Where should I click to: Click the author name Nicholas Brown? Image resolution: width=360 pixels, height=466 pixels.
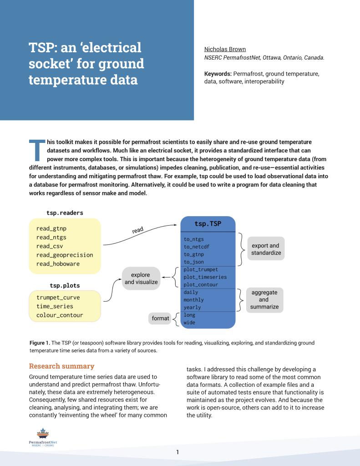point(225,49)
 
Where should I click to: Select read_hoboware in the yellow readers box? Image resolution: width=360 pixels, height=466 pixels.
point(58,264)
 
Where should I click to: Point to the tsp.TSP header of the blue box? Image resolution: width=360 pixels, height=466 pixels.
point(208,224)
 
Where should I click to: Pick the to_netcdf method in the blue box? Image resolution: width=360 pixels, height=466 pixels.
point(197,247)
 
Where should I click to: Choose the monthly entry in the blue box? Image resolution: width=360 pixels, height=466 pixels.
point(193,300)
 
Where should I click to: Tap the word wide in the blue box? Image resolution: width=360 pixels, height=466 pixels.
point(190,323)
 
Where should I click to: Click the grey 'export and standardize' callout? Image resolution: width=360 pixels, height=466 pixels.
point(266,249)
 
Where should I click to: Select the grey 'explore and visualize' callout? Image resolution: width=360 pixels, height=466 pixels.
point(141,279)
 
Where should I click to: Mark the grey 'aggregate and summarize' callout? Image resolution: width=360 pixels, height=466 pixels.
point(264,300)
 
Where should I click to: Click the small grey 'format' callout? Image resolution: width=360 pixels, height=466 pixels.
point(160,319)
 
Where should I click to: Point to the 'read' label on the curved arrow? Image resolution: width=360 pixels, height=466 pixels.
point(137,230)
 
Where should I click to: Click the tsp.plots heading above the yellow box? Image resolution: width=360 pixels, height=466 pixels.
point(65,285)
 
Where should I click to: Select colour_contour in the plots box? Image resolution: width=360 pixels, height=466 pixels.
point(60,315)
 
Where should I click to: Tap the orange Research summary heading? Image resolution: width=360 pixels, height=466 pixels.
point(61,366)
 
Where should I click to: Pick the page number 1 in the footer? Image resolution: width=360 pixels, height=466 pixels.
point(178,452)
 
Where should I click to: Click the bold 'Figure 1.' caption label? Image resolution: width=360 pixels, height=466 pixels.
point(40,343)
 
